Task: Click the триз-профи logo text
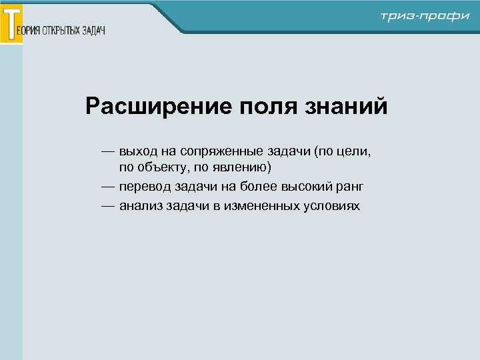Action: coord(425,16)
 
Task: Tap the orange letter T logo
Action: coord(11,23)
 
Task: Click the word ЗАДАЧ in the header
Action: coord(94,31)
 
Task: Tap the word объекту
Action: coord(163,166)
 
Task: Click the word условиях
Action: coord(331,206)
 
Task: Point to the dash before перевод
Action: coord(108,186)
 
